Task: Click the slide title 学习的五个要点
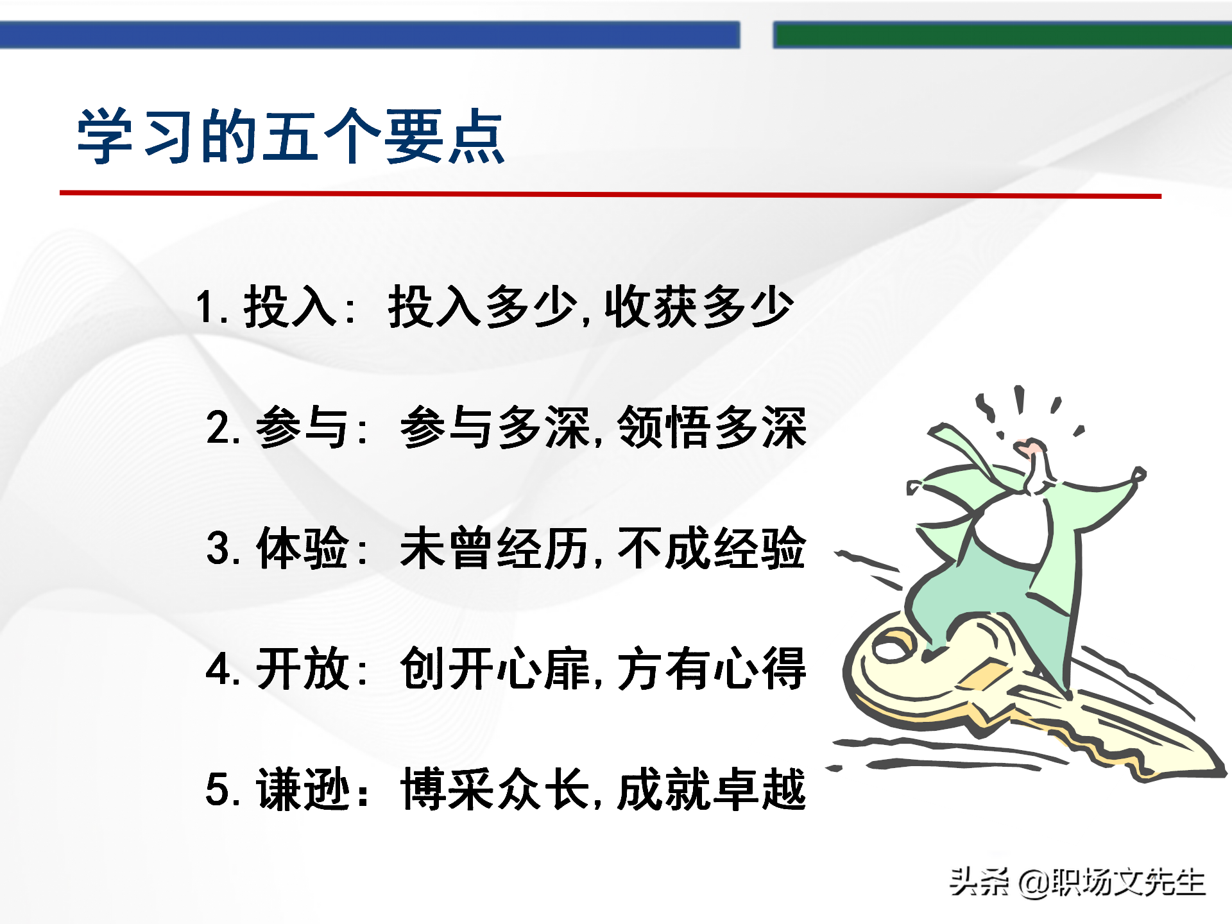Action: tap(291, 136)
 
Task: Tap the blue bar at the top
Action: tap(369, 35)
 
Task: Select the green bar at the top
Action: tap(1001, 35)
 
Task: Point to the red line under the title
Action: tap(610, 194)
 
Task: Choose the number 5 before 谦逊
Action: tap(218, 789)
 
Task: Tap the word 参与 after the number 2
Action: tap(302, 427)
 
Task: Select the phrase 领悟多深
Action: tap(711, 427)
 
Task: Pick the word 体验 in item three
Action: tap(302, 548)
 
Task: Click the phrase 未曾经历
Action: tap(494, 548)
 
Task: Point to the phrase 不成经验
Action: tap(711, 548)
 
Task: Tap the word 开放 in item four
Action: tap(302, 669)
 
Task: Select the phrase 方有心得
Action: tap(711, 669)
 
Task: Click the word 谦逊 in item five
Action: tap(302, 789)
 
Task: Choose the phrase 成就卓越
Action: tap(711, 789)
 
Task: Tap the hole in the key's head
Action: tap(891, 649)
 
